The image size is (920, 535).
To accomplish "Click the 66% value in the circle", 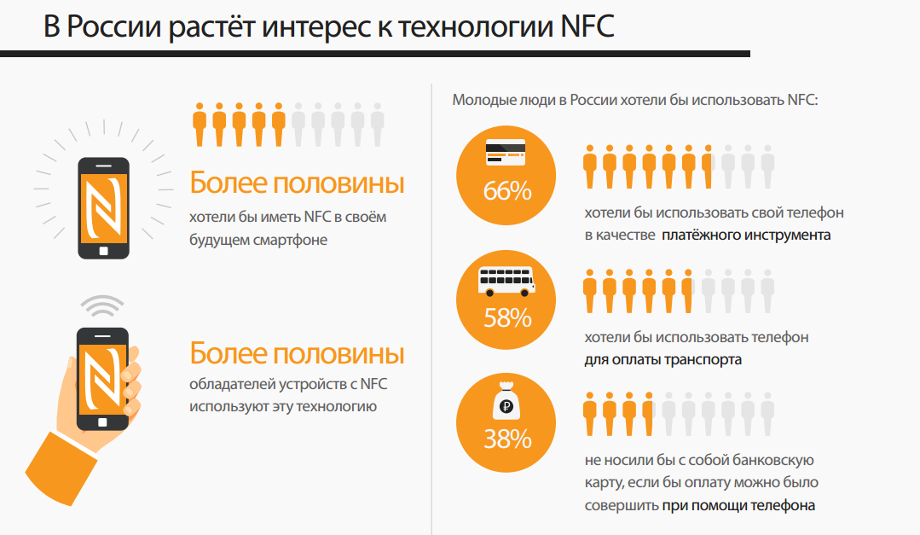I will coord(507,191).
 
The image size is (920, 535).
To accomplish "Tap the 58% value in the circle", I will coord(507,318).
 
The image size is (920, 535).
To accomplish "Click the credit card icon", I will coord(506,152).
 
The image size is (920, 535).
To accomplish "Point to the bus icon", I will coord(506,280).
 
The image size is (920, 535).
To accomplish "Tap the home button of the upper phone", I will coord(103,251).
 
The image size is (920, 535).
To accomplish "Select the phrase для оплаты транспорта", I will coord(663,359).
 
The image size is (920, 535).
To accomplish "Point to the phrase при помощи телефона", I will coord(738,505).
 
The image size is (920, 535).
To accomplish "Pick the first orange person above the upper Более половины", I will coord(200,125).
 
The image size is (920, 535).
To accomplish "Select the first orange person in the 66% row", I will coord(590,166).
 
